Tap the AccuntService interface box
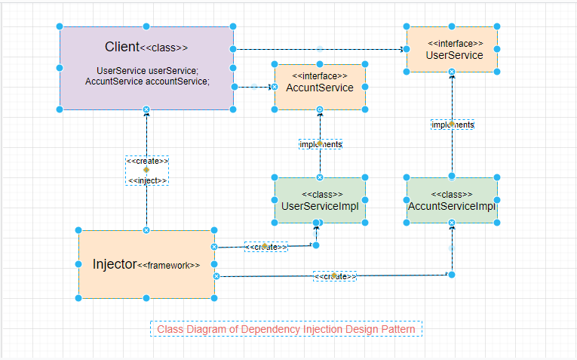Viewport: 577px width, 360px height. pos(320,98)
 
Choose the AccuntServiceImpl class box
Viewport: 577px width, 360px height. pos(451,214)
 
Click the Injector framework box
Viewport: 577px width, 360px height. pos(146,284)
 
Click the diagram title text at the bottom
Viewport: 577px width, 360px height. pos(286,329)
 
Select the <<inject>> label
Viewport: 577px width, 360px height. pos(147,180)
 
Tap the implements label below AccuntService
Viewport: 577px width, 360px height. pos(321,144)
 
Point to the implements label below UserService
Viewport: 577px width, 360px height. pos(453,125)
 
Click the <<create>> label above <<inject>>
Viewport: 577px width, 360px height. pos(147,161)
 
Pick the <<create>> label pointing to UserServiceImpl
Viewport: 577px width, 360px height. pos(265,247)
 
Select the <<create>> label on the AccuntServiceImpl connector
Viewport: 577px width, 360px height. pos(335,276)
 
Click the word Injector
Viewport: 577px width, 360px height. pos(115,264)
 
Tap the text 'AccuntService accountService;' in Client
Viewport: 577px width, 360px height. pos(147,81)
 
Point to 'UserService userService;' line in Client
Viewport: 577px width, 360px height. pos(147,70)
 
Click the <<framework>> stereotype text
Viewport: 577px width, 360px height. pos(169,265)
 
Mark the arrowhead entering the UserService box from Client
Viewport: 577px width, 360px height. pos(402,50)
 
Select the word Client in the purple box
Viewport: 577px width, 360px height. pos(122,47)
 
